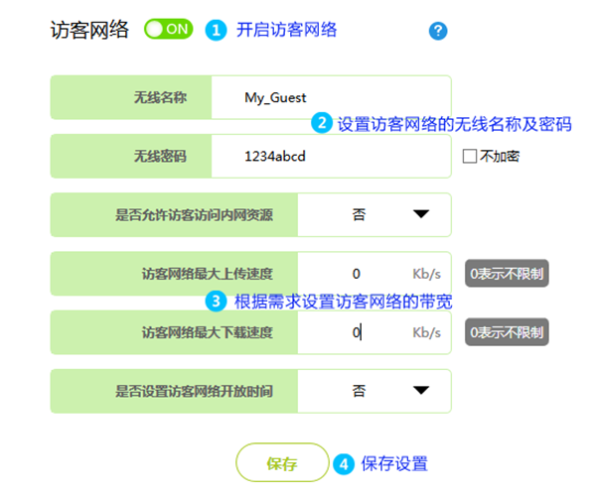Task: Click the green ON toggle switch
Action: pyautogui.click(x=167, y=30)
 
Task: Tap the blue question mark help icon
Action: pyautogui.click(x=438, y=31)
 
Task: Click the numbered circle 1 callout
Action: pyautogui.click(x=216, y=31)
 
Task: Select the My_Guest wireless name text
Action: pyautogui.click(x=275, y=97)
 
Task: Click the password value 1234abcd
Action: pyautogui.click(x=276, y=156)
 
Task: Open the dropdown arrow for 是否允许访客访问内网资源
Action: pyautogui.click(x=420, y=213)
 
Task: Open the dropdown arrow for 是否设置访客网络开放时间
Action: pyautogui.click(x=420, y=391)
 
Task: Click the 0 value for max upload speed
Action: pyautogui.click(x=356, y=273)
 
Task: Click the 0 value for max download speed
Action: pyautogui.click(x=356, y=332)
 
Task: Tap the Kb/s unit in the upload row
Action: pyautogui.click(x=426, y=273)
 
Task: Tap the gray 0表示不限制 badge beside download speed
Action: pyautogui.click(x=508, y=332)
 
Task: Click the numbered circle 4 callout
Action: pyautogui.click(x=344, y=463)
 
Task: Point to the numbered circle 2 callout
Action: pyautogui.click(x=321, y=124)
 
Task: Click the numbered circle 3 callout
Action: pyautogui.click(x=216, y=301)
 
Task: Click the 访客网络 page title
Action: pyautogui.click(x=89, y=30)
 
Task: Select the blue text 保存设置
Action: pyautogui.click(x=394, y=463)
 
